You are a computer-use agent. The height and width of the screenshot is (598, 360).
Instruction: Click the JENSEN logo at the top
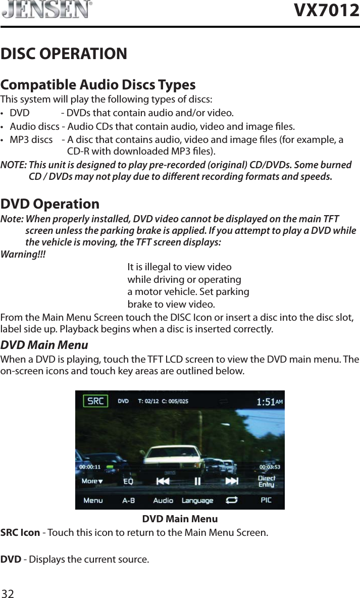(46, 10)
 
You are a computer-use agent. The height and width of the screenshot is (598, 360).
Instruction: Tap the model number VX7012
(327, 10)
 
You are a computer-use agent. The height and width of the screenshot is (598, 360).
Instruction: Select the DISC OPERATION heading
(64, 54)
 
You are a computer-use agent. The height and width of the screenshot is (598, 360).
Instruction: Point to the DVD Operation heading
(50, 204)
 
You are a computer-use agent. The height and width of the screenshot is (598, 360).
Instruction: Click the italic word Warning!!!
(23, 254)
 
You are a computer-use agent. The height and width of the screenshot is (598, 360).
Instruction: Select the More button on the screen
(92, 481)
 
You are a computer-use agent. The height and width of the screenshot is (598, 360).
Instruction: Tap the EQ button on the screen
(129, 482)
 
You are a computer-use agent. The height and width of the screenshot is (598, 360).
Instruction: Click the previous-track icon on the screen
(163, 481)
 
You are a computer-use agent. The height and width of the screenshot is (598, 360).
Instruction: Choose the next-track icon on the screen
(232, 481)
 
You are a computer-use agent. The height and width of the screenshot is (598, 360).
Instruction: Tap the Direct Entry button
(266, 481)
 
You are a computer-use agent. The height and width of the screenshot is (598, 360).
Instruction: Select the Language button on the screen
(197, 501)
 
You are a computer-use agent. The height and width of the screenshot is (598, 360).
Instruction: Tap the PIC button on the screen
(266, 500)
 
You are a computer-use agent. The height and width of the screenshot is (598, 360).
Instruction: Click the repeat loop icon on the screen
(232, 500)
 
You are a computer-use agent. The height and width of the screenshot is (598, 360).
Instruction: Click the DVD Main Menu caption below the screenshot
(180, 519)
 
